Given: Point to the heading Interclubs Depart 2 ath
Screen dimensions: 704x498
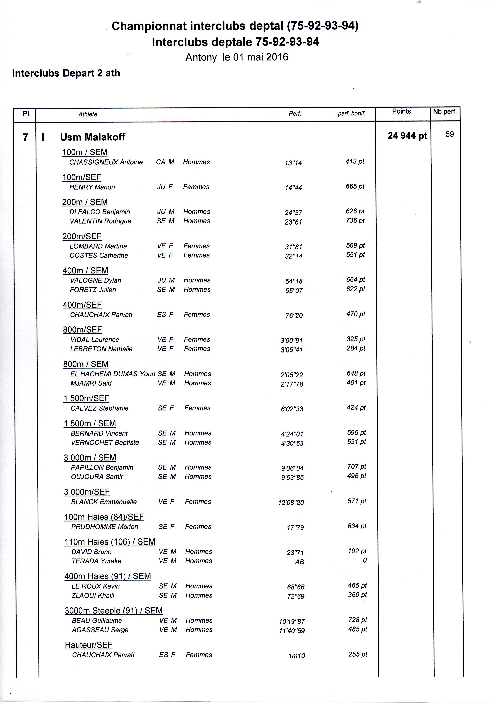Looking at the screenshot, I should pyautogui.click(x=66, y=73).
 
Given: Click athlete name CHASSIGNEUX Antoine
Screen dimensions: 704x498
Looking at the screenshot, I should pyautogui.click(x=106, y=162).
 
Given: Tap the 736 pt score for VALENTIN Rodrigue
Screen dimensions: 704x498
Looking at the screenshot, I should pyautogui.click(x=355, y=220).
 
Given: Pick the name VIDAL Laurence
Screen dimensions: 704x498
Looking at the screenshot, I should pyautogui.click(x=95, y=340).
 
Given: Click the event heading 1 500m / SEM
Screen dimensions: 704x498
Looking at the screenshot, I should pyautogui.click(x=90, y=424).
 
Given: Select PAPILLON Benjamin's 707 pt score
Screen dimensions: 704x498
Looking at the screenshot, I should pyautogui.click(x=356, y=467).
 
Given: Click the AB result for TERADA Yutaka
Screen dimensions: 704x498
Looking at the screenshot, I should pyautogui.click(x=299, y=562).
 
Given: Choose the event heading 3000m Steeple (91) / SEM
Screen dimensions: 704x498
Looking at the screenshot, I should pyautogui.click(x=114, y=611).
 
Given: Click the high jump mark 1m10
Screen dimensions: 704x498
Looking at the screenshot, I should pyautogui.click(x=297, y=656).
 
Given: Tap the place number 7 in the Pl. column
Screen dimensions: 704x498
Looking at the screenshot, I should pyautogui.click(x=25, y=137).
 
